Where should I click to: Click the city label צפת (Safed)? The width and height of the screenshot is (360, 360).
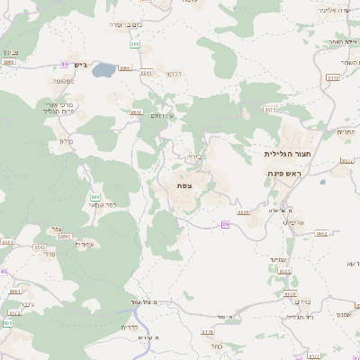click(x=184, y=184)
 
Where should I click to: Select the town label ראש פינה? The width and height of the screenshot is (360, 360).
click(x=283, y=172)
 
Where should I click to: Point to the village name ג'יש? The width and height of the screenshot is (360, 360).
click(x=79, y=65)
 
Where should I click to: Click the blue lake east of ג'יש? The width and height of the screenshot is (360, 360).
click(x=104, y=68)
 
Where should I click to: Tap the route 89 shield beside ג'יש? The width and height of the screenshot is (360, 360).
click(x=65, y=62)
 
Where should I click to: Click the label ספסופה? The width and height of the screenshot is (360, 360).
click(x=63, y=82)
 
